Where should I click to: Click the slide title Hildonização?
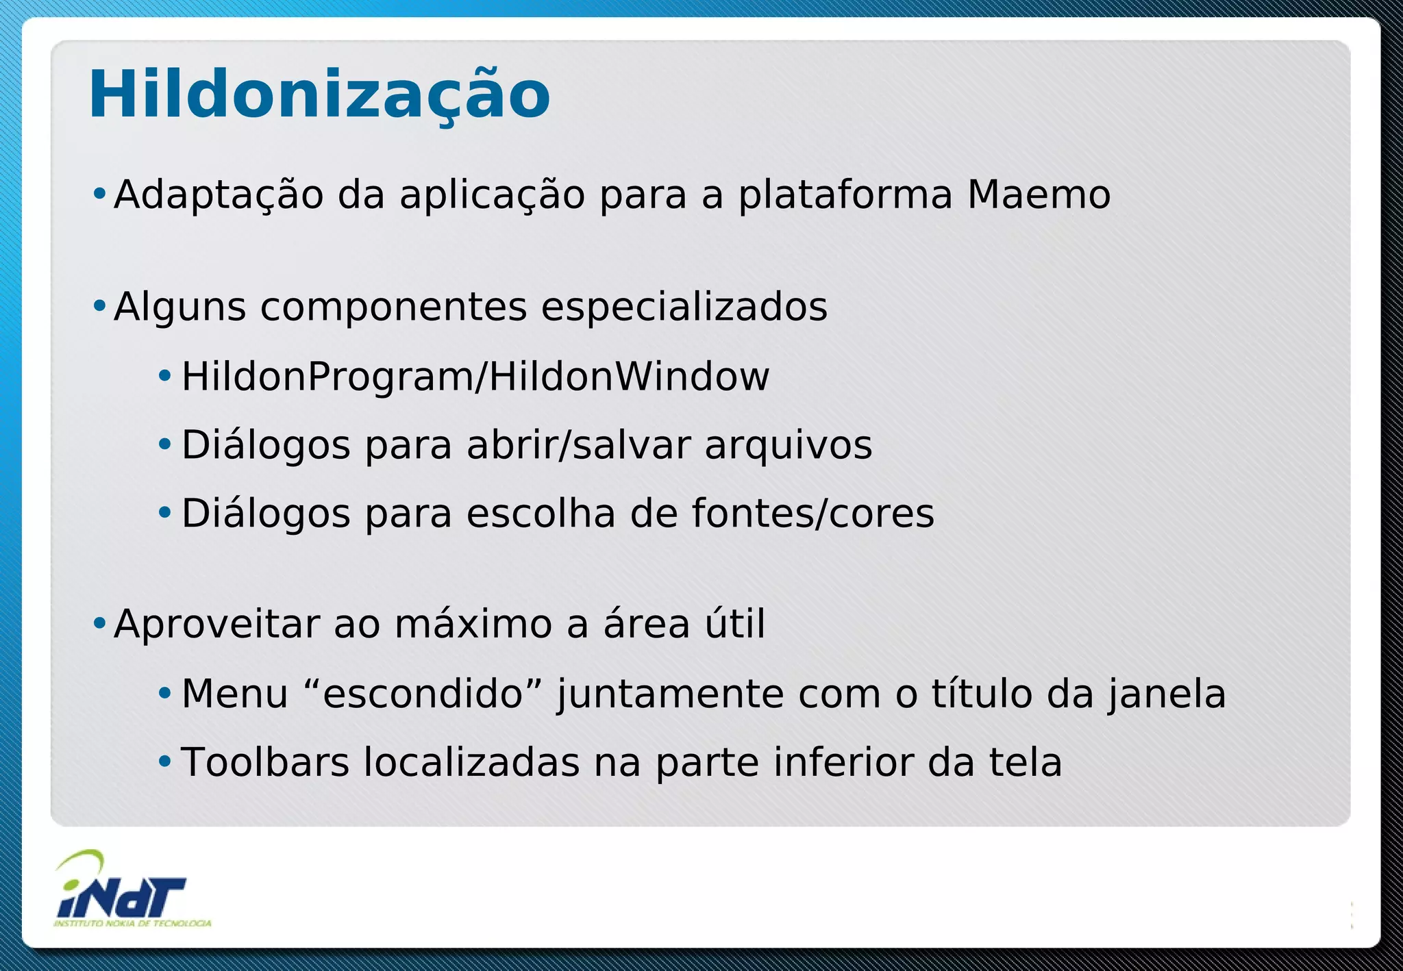click(x=319, y=94)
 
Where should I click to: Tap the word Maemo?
click(x=1039, y=194)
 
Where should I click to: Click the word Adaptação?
click(x=219, y=194)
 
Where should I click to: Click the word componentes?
click(x=393, y=307)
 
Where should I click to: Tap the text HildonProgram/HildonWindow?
click(x=475, y=377)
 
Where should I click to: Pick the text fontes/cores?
click(x=812, y=514)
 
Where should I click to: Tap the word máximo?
click(x=473, y=625)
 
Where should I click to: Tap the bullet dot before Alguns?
click(x=99, y=305)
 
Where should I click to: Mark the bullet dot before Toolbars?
click(x=164, y=761)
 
